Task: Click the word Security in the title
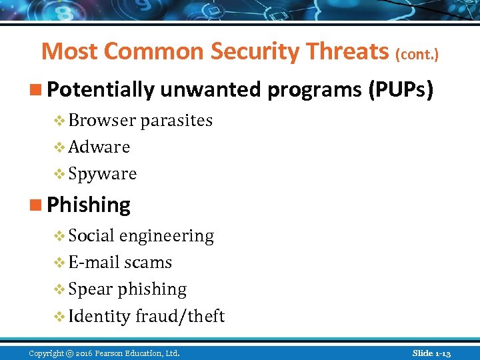249,51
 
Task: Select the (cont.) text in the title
417,53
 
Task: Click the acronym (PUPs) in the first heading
401,90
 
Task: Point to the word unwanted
207,90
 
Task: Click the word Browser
103,121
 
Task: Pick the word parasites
176,121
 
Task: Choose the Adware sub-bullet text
99,147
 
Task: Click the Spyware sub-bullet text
103,174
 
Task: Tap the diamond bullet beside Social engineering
59,236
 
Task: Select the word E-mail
95,263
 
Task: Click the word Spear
91,289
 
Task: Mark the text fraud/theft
180,316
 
